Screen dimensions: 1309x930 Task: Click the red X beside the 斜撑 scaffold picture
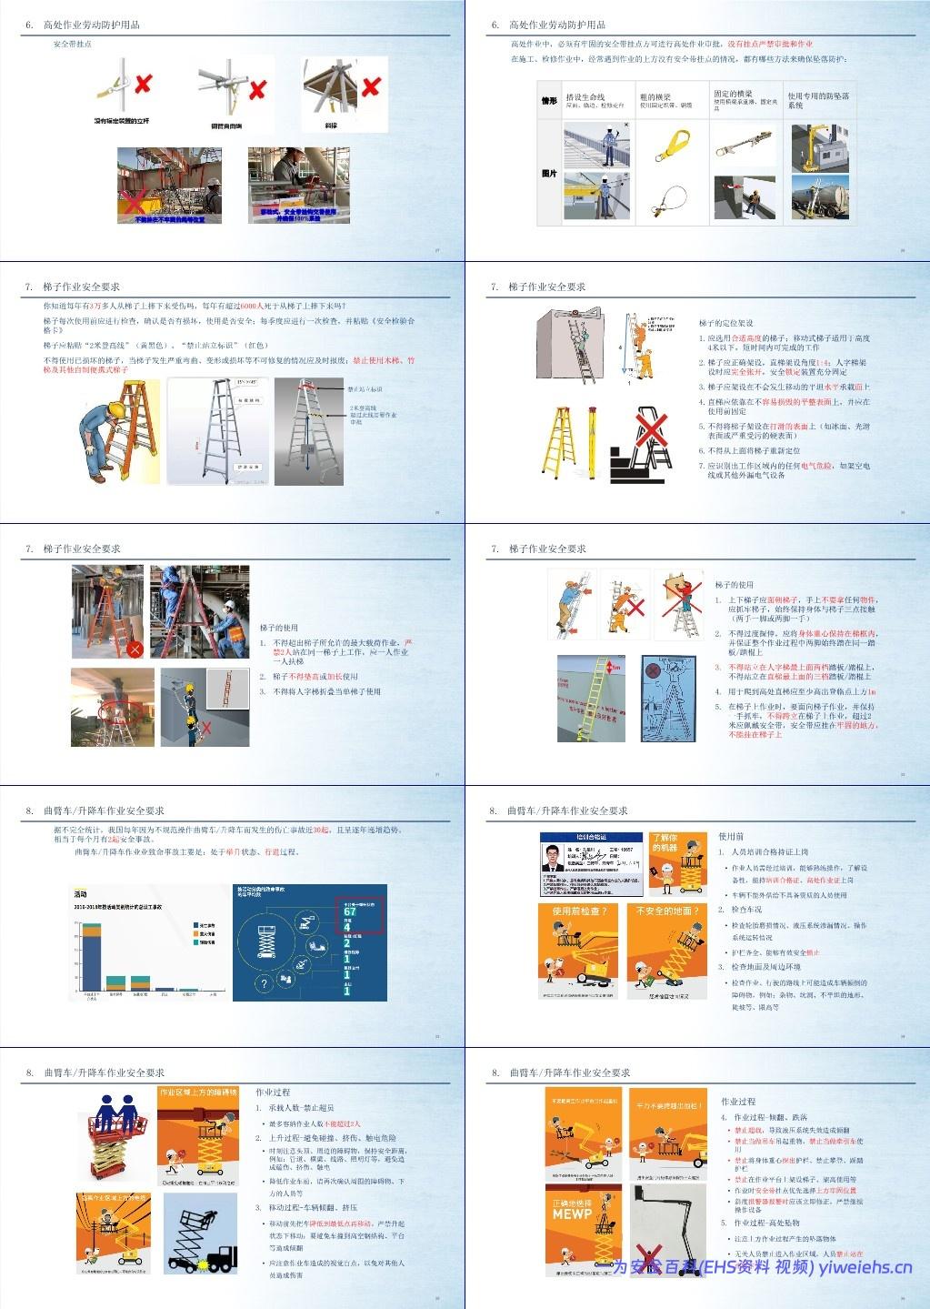point(371,87)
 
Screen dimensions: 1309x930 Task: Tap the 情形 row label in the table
point(548,101)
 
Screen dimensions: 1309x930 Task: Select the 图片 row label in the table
point(548,173)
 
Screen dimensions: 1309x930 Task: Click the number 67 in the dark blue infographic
point(349,911)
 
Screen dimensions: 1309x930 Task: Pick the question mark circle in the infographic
point(264,984)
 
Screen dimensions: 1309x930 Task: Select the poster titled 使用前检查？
point(578,952)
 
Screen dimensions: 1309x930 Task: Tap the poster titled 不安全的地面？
point(666,952)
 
